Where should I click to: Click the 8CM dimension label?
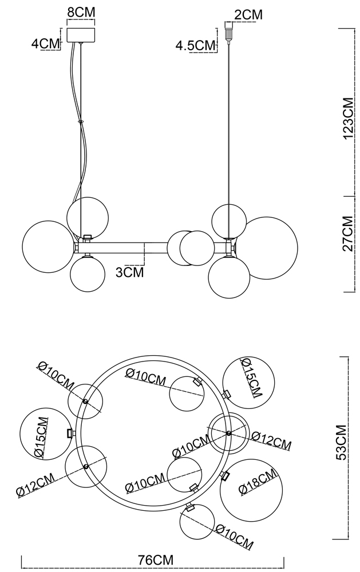pyautogui.click(x=81, y=11)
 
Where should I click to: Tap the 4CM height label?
pyautogui.click(x=45, y=43)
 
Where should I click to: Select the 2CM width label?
pyautogui.click(x=248, y=15)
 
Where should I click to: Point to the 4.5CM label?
pyautogui.click(x=195, y=46)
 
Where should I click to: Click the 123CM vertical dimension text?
pyautogui.click(x=348, y=118)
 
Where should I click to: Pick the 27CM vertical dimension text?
pyautogui.click(x=348, y=234)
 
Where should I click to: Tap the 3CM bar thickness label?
pyautogui.click(x=129, y=272)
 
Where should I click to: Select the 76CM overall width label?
pyautogui.click(x=156, y=559)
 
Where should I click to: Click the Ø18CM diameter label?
pyautogui.click(x=258, y=483)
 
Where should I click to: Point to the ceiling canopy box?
pyautogui.click(x=81, y=34)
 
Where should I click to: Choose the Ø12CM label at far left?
pyautogui.click(x=36, y=484)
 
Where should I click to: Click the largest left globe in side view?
pyautogui.click(x=48, y=246)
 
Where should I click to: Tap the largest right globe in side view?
pyautogui.click(x=271, y=248)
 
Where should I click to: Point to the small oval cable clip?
pyautogui.click(x=81, y=122)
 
